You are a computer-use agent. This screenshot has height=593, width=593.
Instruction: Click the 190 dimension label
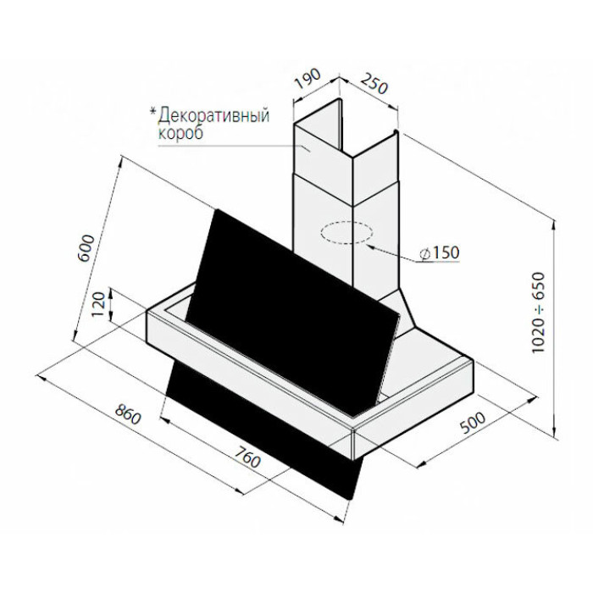(x=308, y=79)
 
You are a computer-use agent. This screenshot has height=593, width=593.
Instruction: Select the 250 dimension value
(x=374, y=84)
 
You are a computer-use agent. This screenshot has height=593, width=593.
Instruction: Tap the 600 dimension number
(x=86, y=248)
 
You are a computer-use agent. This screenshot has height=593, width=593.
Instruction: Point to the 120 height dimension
(x=98, y=304)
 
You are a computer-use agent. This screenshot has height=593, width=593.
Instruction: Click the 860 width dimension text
(x=128, y=413)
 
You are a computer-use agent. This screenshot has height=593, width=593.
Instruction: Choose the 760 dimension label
(x=247, y=457)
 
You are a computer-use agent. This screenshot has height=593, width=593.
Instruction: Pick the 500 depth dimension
(x=473, y=423)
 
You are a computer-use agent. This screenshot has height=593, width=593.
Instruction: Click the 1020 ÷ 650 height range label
(x=539, y=313)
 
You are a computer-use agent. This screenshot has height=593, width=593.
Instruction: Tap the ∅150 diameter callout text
(x=440, y=252)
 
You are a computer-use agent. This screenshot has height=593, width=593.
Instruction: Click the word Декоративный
(x=214, y=115)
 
